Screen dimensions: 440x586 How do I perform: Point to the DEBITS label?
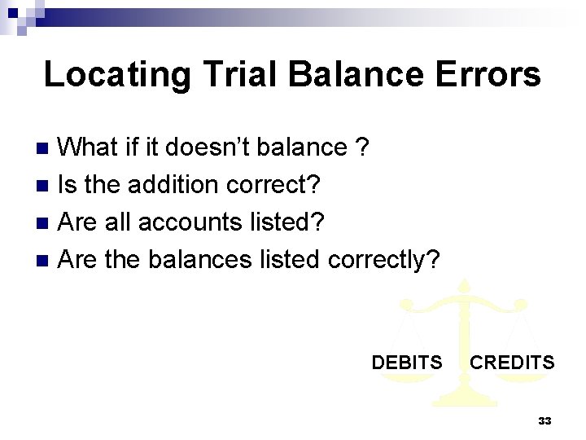click(407, 363)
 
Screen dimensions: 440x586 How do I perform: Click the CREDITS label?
click(512, 363)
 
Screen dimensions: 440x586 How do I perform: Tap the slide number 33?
click(544, 421)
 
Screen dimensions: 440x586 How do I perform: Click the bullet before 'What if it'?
click(46, 148)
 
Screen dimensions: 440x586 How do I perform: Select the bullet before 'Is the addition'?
click(46, 186)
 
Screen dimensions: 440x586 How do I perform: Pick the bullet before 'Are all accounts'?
click(46, 223)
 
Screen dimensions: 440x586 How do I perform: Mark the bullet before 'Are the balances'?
click(46, 261)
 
